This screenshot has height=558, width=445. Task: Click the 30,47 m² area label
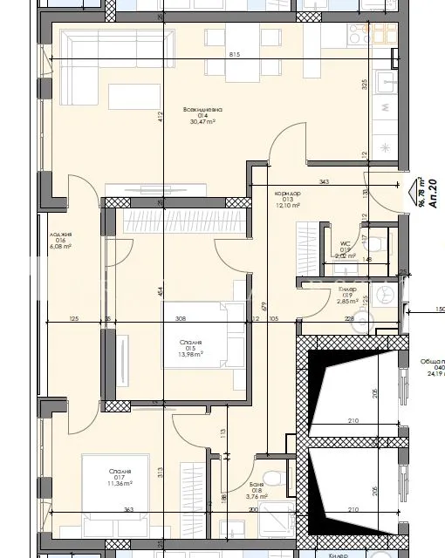pyautogui.click(x=202, y=123)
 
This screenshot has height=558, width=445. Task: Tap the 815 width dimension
pyautogui.click(x=234, y=55)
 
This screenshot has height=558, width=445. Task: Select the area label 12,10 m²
pyautogui.click(x=287, y=206)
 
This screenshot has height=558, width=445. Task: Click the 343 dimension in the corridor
pyautogui.click(x=324, y=181)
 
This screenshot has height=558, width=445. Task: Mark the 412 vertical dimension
pyautogui.click(x=161, y=119)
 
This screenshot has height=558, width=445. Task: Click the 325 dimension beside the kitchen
pyautogui.click(x=364, y=85)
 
